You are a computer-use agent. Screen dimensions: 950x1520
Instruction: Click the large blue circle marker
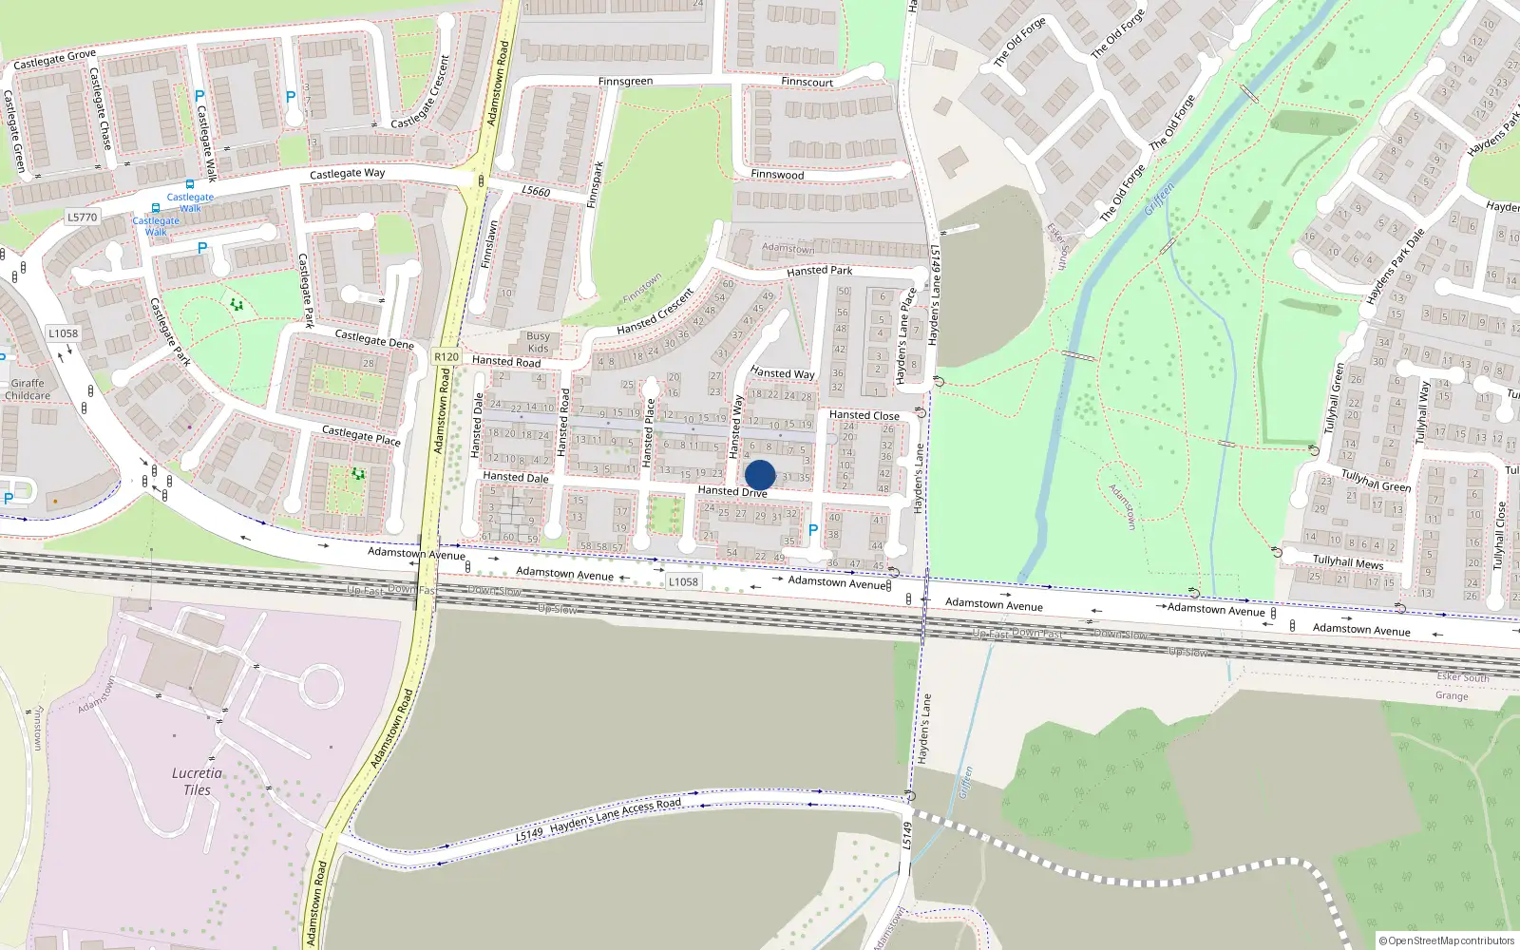pos(760,475)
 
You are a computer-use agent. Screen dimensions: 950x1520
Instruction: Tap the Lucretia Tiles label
pos(197,781)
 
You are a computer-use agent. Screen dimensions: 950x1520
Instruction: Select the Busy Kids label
pos(538,342)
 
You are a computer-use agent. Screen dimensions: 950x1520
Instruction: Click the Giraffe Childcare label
pos(28,389)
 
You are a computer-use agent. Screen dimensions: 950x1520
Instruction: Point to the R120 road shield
pos(446,357)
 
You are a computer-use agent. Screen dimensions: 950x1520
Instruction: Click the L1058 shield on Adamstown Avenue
pos(682,581)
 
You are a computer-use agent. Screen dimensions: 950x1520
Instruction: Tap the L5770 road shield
pos(82,217)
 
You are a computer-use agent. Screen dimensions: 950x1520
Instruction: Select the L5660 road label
pos(536,191)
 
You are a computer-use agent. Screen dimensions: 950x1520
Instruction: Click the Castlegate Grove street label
pos(54,59)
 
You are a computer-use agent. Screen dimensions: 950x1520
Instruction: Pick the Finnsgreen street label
pos(625,82)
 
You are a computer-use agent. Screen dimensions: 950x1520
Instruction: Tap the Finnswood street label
pos(777,175)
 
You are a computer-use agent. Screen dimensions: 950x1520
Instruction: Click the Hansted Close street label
pos(864,415)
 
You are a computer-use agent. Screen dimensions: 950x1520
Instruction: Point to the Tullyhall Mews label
pos(1348,562)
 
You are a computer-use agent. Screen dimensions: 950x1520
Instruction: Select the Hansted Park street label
pos(819,271)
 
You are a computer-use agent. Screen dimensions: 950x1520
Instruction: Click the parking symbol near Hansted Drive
pos(812,530)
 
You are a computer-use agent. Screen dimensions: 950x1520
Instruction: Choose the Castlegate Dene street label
pos(374,338)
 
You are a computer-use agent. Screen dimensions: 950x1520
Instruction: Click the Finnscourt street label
pos(807,83)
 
